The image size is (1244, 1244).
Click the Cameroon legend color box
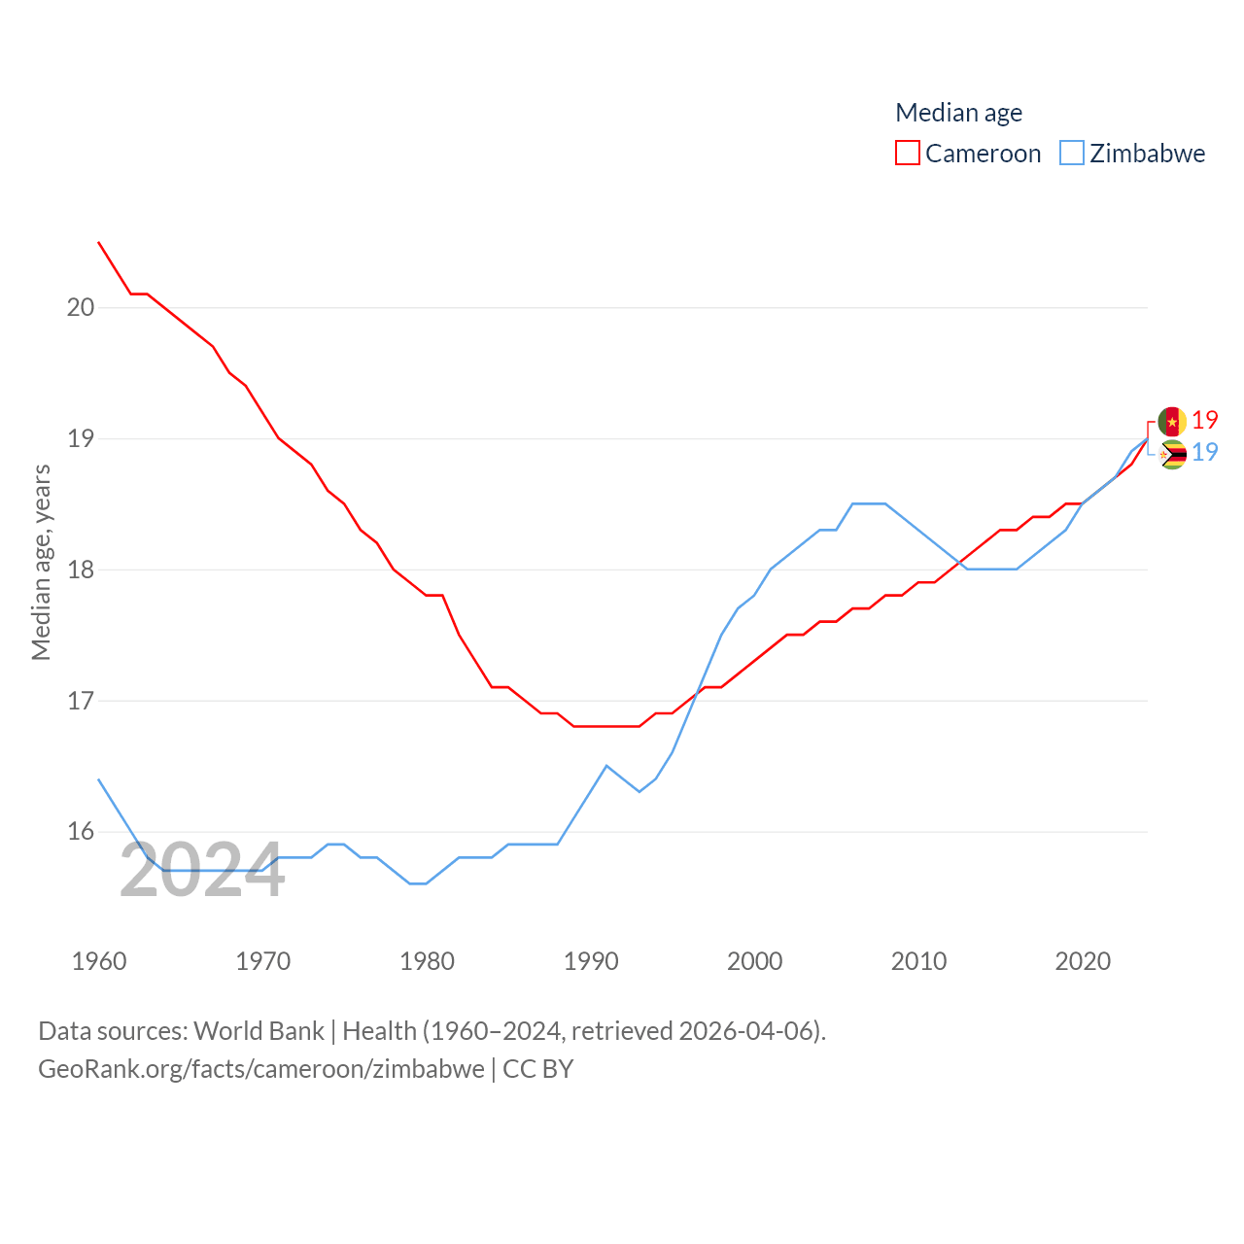(907, 154)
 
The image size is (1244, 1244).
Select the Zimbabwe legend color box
(1071, 154)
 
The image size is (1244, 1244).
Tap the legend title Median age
(958, 113)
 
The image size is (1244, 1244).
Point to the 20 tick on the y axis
(81, 307)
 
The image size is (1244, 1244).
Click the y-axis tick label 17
(81, 701)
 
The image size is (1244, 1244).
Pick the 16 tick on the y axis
(81, 832)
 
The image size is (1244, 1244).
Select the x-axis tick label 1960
(99, 961)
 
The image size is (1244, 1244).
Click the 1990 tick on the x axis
(591, 961)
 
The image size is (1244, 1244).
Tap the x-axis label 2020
(1083, 961)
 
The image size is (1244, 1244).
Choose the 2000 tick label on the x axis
(755, 961)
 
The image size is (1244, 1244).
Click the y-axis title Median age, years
(41, 562)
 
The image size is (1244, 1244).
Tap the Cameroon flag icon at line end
(1172, 422)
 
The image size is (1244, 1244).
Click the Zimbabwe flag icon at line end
(1172, 454)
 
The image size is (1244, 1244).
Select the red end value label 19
(1205, 420)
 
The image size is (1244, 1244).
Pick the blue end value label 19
(1205, 452)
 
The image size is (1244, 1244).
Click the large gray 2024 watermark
(202, 870)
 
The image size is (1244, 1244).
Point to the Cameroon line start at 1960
(99, 242)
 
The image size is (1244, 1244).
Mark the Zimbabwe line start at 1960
(99, 779)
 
